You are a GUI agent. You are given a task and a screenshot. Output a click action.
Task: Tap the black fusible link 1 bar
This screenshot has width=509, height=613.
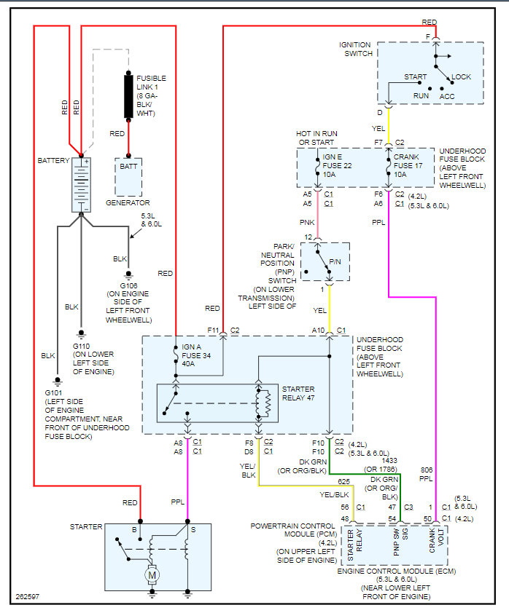click(129, 94)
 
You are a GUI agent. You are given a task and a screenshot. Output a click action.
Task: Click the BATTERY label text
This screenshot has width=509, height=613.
click(54, 160)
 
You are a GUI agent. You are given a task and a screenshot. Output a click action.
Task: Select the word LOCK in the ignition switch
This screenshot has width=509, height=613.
click(462, 76)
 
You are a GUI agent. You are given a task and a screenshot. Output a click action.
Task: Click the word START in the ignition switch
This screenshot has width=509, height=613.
click(416, 76)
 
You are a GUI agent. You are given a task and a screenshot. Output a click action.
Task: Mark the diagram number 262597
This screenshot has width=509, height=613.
click(27, 598)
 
